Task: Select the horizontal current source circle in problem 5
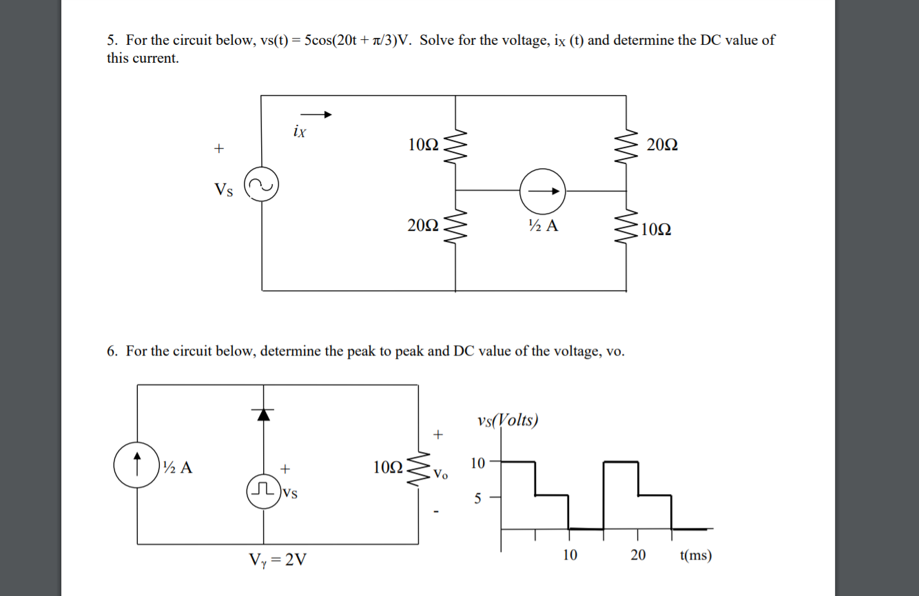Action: point(542,190)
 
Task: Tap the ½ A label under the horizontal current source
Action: point(543,225)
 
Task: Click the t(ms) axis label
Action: point(695,555)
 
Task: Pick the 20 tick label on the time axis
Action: point(638,555)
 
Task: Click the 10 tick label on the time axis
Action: point(569,555)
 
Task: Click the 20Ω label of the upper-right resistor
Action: point(663,145)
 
